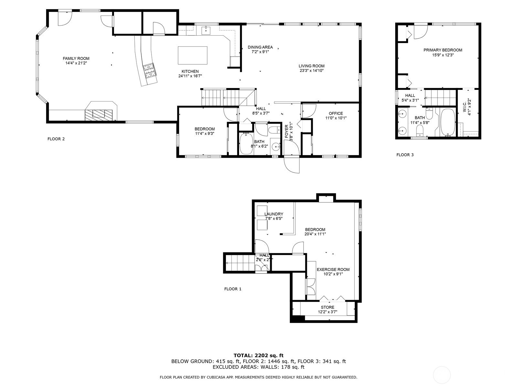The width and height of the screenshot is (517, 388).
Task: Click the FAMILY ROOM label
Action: point(76,59)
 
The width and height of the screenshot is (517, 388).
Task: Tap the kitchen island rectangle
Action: point(193,55)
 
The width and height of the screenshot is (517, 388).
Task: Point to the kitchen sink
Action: point(206,29)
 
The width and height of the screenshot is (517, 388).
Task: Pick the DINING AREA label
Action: point(260,47)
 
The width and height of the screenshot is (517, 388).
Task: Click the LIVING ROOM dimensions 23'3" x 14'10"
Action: point(311,70)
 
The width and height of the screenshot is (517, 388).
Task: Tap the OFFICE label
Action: point(336,113)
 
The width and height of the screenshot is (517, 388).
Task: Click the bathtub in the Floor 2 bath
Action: point(246,144)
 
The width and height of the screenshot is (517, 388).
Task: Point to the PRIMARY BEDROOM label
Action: point(443,50)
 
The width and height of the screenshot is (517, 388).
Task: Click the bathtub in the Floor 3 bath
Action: point(448,122)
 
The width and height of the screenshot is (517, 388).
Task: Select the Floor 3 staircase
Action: point(440,97)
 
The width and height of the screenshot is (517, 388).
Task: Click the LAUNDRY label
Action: point(273,214)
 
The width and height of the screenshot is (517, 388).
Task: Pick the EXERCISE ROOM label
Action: point(333,270)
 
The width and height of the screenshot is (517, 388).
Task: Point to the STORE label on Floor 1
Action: point(327,307)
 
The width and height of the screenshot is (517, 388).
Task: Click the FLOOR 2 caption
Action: point(56,139)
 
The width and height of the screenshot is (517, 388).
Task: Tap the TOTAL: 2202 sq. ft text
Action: point(258,355)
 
